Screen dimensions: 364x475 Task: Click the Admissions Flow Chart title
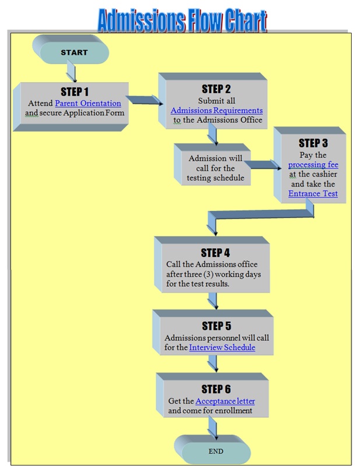tap(182, 20)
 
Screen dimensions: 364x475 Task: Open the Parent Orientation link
tap(88, 103)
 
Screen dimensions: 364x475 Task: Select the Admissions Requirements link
tap(216, 110)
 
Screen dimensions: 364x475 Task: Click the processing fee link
tap(313, 165)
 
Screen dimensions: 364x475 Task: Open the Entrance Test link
tap(313, 193)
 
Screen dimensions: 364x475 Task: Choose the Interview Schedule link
tap(222, 347)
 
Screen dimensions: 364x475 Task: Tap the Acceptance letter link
tap(225, 401)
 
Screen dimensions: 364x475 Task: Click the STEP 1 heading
tap(75, 92)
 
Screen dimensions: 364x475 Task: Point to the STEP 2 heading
tap(216, 89)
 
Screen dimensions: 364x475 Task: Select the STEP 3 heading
tap(313, 143)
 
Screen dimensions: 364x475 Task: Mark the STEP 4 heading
tap(215, 252)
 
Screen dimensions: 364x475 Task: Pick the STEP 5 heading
tap(216, 326)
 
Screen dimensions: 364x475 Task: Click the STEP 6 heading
tap(216, 389)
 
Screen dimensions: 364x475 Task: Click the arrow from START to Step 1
tap(72, 71)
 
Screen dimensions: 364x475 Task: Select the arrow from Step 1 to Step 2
tap(144, 100)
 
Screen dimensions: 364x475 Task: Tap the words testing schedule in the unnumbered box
tap(215, 178)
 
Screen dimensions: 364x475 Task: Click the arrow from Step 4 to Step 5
tap(213, 301)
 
